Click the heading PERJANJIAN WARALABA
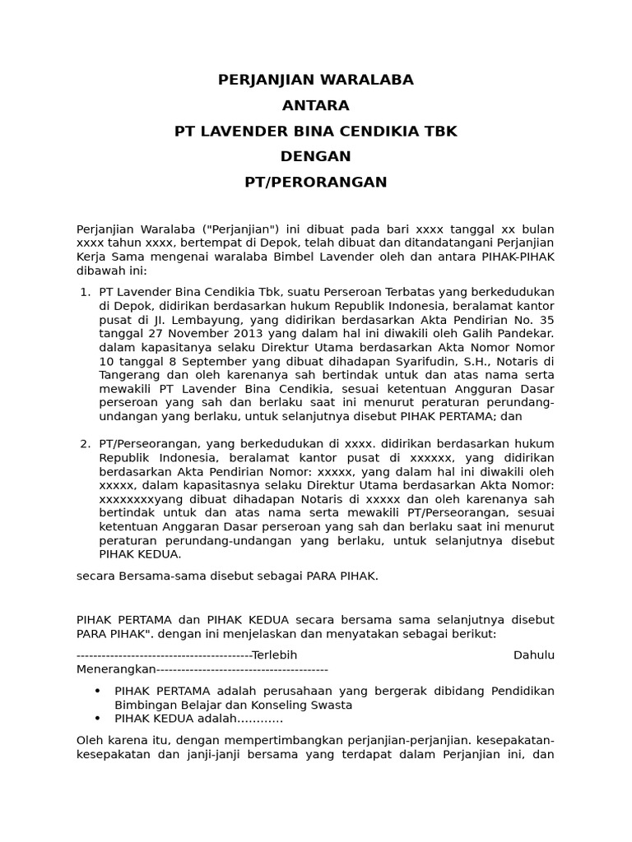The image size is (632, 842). coord(315,80)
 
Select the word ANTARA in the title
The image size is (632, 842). coord(315,105)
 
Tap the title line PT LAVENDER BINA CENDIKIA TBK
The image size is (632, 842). coord(315,131)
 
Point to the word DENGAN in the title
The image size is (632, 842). coord(315,156)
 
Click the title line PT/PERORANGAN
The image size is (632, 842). coord(315,182)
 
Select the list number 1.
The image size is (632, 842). coord(84,292)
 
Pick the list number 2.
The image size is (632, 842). coord(84,444)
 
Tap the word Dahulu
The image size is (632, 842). coord(533,655)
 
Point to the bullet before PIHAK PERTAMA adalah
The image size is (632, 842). coord(99,691)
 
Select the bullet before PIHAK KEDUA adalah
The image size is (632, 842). coord(99,719)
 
